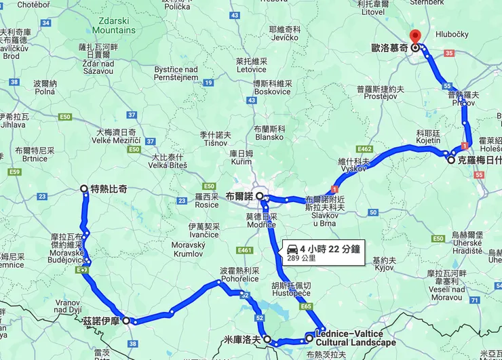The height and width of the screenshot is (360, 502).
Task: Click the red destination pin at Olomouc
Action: click(415, 38)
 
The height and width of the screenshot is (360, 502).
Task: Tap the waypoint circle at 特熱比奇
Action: click(84, 189)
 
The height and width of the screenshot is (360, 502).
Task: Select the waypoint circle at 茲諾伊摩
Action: click(126, 321)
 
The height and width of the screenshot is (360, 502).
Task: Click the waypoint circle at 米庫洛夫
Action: click(267, 338)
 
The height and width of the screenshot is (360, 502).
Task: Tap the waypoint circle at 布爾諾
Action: click(260, 195)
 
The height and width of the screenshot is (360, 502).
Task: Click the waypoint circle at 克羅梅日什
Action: click(451, 161)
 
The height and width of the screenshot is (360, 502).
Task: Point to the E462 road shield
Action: click(365, 148)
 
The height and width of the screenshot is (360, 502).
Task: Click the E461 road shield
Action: click(246, 250)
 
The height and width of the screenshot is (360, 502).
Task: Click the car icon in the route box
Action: click(292, 247)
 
